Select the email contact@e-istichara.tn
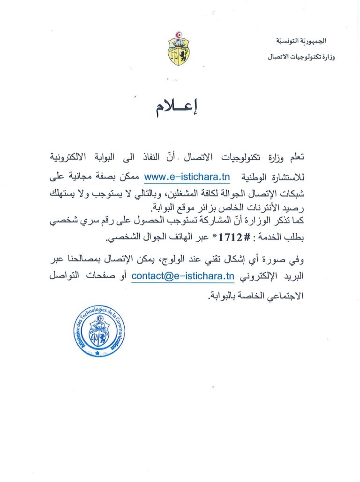tap(183, 276)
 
